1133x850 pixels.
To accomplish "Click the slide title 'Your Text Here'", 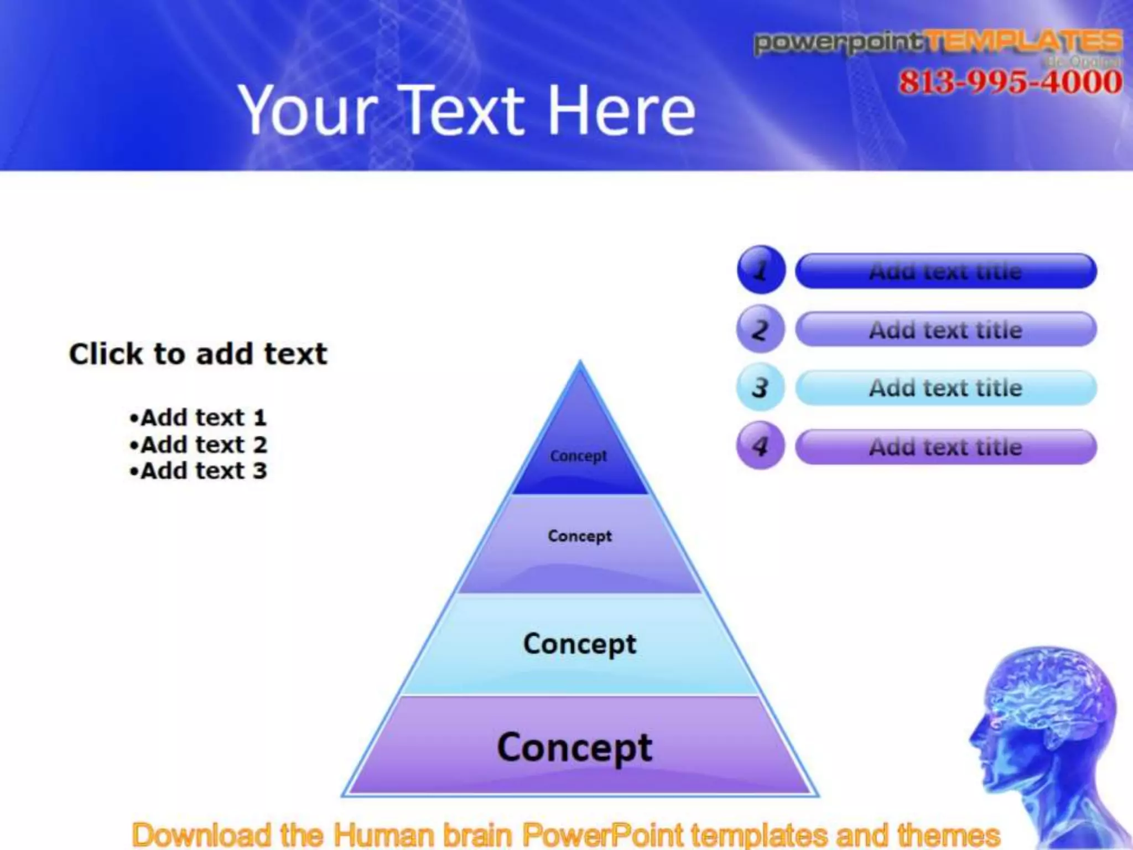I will [x=466, y=110].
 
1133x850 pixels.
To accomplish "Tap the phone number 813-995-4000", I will [x=1010, y=82].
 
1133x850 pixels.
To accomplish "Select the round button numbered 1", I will [x=761, y=270].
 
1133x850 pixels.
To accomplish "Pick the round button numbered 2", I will [x=761, y=329].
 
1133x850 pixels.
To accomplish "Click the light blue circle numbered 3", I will [x=761, y=387].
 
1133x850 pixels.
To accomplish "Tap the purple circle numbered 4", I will [x=761, y=446].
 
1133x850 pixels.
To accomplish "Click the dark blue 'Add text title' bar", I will [x=945, y=271].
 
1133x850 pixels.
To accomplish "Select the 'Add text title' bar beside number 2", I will [x=945, y=330].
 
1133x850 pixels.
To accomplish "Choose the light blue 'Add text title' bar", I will [x=945, y=388].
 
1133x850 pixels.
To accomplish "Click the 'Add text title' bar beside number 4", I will [x=945, y=447].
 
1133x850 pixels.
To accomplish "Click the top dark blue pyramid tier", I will [x=579, y=443].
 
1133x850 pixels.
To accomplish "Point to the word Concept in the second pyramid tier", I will [x=579, y=536].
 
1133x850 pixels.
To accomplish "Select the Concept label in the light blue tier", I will [x=579, y=644].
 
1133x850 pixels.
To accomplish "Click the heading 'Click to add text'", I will [x=198, y=354].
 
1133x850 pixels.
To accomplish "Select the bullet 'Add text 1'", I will [x=198, y=418].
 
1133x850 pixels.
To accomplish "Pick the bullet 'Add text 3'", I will [x=198, y=471].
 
